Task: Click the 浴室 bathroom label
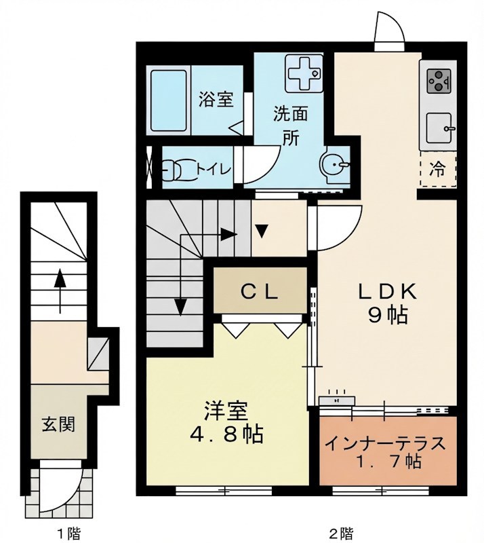(216, 99)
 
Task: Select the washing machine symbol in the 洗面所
(304, 74)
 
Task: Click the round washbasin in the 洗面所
(334, 164)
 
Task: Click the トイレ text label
(214, 169)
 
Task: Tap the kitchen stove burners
(439, 81)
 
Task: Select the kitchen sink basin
(439, 128)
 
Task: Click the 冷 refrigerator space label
(437, 169)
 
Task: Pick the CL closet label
(260, 293)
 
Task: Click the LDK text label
(387, 293)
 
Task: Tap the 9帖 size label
(388, 315)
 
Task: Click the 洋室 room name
(226, 411)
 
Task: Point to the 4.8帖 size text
(226, 434)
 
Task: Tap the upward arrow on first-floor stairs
(60, 291)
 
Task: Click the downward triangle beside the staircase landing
(262, 231)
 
